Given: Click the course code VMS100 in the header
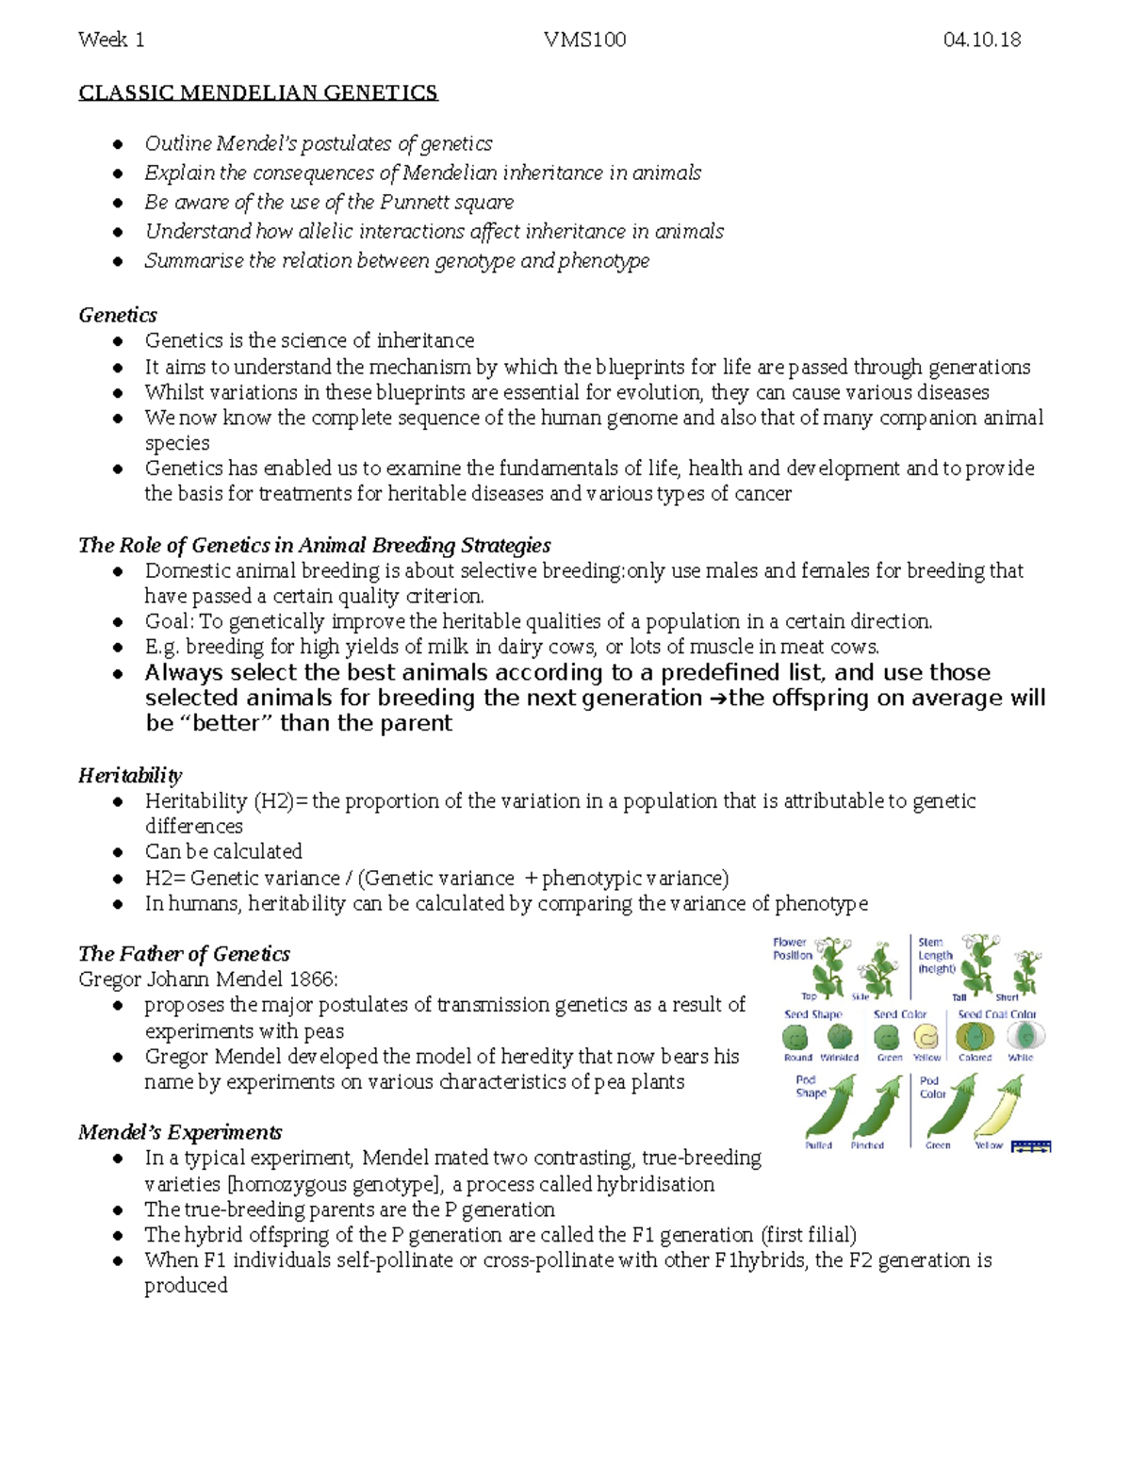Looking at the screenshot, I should (x=584, y=40).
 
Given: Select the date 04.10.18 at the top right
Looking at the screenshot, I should (x=981, y=40).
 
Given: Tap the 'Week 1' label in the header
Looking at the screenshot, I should (x=111, y=40).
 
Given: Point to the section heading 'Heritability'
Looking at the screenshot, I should (x=130, y=776).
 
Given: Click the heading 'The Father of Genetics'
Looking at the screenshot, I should (x=184, y=954).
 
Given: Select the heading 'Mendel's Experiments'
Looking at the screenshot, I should (x=180, y=1132).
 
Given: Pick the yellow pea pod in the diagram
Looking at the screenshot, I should (x=997, y=1110).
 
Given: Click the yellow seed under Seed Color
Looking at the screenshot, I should (x=927, y=1037).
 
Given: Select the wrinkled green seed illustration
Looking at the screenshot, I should (x=837, y=1037).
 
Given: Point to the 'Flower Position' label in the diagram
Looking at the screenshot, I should (x=792, y=948).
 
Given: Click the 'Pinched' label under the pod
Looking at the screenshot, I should (x=867, y=1145).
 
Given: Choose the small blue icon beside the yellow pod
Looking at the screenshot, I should (x=1030, y=1146).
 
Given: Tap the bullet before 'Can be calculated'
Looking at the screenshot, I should (x=118, y=852).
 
